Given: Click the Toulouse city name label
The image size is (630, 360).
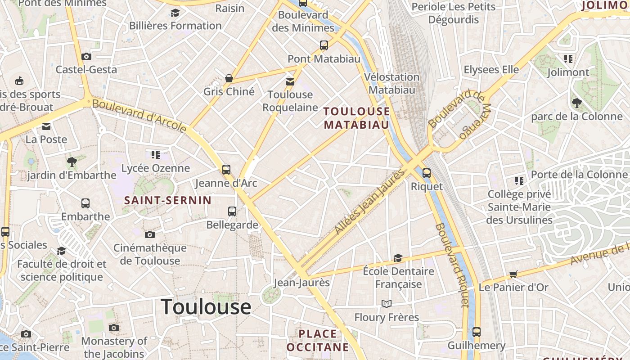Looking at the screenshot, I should coord(206,307).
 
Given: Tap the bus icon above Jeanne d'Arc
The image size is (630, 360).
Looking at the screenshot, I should coord(226,170).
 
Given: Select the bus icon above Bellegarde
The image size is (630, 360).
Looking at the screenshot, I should coord(232,211).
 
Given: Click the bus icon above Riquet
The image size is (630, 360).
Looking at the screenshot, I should coord(427,173).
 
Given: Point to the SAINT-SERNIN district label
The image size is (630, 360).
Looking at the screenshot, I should coord(168,201).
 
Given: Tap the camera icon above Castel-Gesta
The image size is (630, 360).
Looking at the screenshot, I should coord(86,57).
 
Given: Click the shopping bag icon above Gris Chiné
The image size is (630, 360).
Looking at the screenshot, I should coord(229,78).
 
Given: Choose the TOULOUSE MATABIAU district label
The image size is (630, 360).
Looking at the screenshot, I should coord(356,118).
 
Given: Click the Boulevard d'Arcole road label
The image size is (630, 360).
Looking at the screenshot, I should coord(139,116).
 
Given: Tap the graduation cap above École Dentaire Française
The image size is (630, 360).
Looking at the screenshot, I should coord(398,258).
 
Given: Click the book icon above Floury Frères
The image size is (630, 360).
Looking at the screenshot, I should coord(387,304).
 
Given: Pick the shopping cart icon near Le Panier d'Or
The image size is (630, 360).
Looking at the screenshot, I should coord(513,274).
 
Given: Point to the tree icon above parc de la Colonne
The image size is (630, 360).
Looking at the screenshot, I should coord(576,103).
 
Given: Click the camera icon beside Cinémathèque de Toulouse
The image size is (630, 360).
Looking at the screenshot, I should coord(150,234).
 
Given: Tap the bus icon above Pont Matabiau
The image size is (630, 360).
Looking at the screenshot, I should coord(324,45).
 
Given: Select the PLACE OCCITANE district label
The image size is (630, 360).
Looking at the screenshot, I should coord(318,340).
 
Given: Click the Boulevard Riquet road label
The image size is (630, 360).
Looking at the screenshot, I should coord(453,265).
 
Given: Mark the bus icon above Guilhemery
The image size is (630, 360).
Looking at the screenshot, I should coord(477,332).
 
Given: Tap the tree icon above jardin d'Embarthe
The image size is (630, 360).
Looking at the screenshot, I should coord(72,162).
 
